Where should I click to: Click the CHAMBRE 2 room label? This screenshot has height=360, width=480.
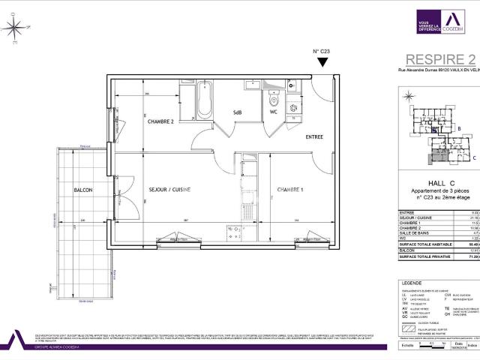click(160, 121)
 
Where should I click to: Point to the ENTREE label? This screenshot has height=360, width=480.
click(316, 137)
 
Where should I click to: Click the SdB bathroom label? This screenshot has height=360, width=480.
click(238, 112)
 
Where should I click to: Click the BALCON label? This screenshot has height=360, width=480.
click(82, 190)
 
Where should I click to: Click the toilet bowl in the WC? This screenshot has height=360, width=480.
click(274, 99)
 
